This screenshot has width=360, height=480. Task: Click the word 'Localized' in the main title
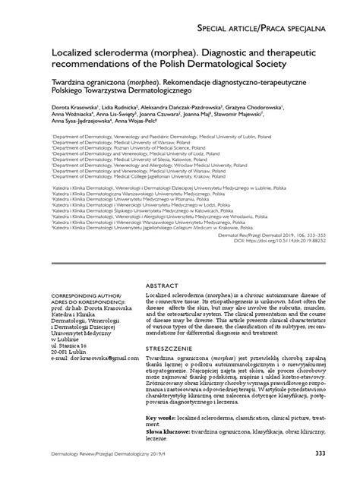pos(77,56)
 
